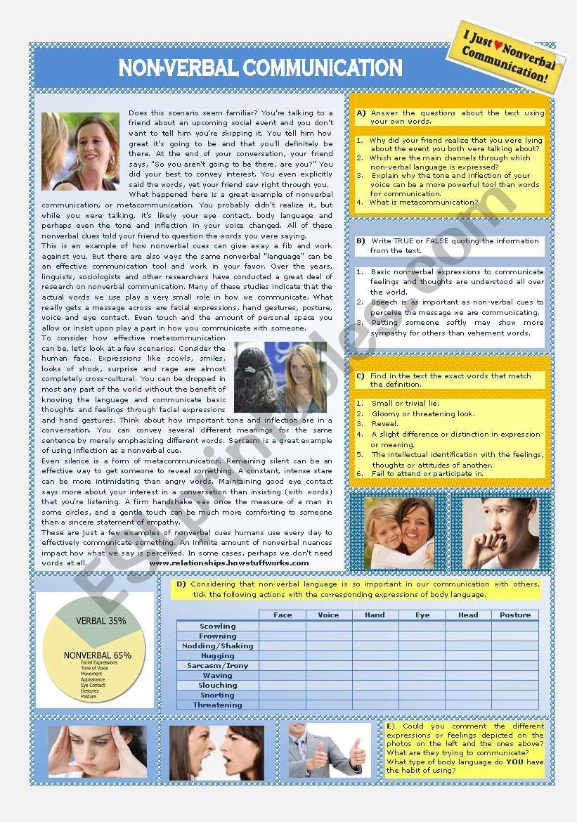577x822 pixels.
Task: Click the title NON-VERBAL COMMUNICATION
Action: click(260, 68)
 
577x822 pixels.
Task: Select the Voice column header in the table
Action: click(328, 615)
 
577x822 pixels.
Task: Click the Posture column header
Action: click(515, 615)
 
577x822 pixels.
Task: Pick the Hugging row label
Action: click(218, 655)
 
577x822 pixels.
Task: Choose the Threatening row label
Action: click(218, 705)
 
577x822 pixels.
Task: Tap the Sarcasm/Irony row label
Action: click(218, 665)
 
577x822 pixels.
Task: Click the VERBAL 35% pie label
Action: click(103, 621)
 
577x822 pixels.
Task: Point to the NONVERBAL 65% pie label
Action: click(97, 655)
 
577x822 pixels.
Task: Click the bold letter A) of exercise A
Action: click(361, 113)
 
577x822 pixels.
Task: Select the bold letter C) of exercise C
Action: click(361, 376)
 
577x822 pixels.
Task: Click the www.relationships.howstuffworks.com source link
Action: click(229, 563)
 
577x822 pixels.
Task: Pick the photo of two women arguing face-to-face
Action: click(216, 752)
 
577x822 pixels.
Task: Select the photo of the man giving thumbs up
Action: click(329, 750)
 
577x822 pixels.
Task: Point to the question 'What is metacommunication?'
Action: click(423, 203)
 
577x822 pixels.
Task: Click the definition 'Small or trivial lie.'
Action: click(406, 404)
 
